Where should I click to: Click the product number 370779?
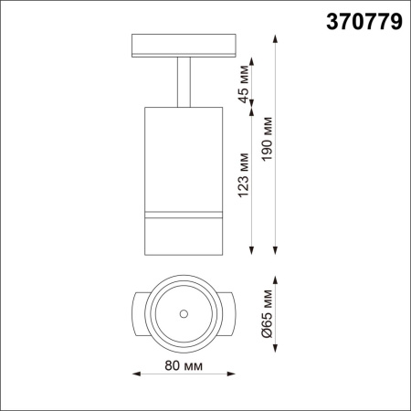click(x=364, y=23)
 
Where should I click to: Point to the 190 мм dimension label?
click(x=267, y=142)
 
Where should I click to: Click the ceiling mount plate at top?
click(x=184, y=46)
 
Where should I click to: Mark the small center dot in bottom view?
click(x=184, y=314)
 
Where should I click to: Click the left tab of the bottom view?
click(x=137, y=313)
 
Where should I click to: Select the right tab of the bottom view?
click(x=230, y=313)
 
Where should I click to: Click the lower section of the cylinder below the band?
click(x=184, y=236)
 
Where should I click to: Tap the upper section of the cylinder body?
click(x=184, y=155)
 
